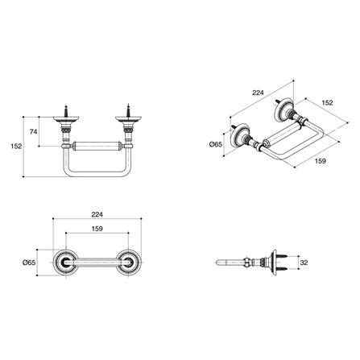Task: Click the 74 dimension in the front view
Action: pyautogui.click(x=33, y=132)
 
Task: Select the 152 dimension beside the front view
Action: pyautogui.click(x=16, y=147)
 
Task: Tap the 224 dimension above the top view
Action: pyautogui.click(x=97, y=215)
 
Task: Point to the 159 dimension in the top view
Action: pyautogui.click(x=97, y=229)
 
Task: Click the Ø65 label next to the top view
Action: pyautogui.click(x=29, y=263)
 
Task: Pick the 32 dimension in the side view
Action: pyautogui.click(x=304, y=263)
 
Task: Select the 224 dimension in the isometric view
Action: pyautogui.click(x=258, y=93)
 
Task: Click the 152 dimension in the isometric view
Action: pyautogui.click(x=327, y=103)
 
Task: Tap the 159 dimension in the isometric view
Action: pyautogui.click(x=320, y=161)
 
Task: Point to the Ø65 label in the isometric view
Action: pyautogui.click(x=216, y=144)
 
